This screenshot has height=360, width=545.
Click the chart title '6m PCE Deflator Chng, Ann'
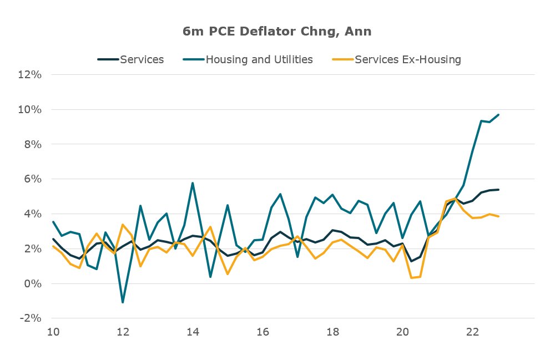(277, 32)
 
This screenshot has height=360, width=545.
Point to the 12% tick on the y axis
(31, 74)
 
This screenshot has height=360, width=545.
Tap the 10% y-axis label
(31, 109)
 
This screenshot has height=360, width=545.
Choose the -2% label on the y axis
(31, 318)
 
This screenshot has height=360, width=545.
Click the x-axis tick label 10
(53, 332)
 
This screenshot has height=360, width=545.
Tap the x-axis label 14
(193, 332)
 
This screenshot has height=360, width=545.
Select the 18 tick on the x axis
(332, 332)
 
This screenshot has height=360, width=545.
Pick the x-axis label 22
(472, 332)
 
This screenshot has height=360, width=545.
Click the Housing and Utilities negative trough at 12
(123, 302)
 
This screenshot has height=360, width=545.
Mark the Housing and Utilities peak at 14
(193, 183)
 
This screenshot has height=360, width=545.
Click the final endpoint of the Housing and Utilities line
(498, 115)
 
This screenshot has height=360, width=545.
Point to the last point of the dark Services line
(498, 190)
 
